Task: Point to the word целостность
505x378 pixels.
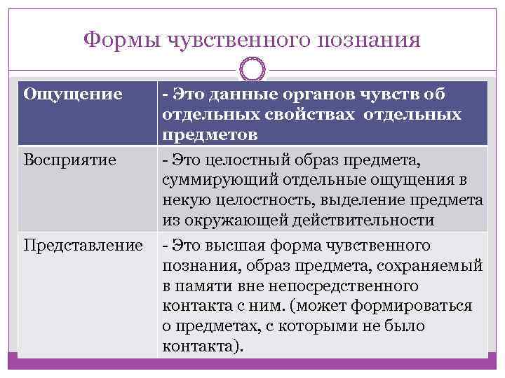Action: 250,202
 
